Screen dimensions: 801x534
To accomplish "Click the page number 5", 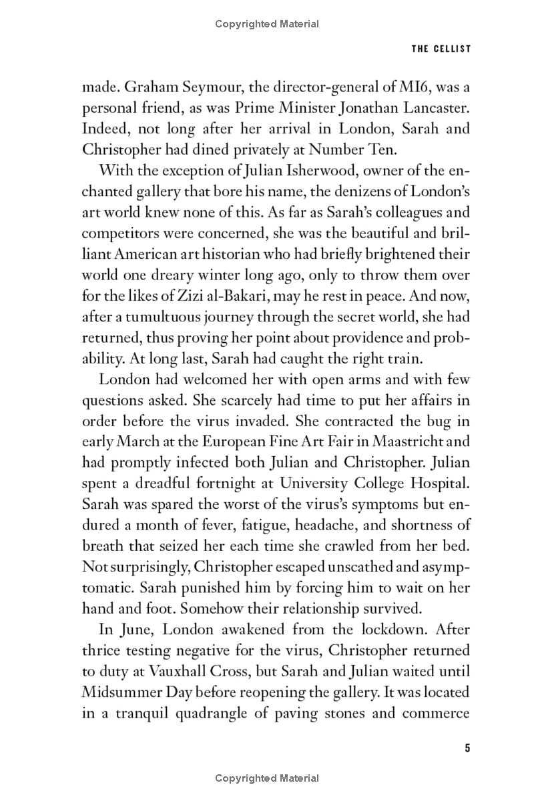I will pos(467,748).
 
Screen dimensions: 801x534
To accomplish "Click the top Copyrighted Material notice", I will pos(267,24).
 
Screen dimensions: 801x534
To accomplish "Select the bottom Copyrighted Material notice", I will pos(267,778).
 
